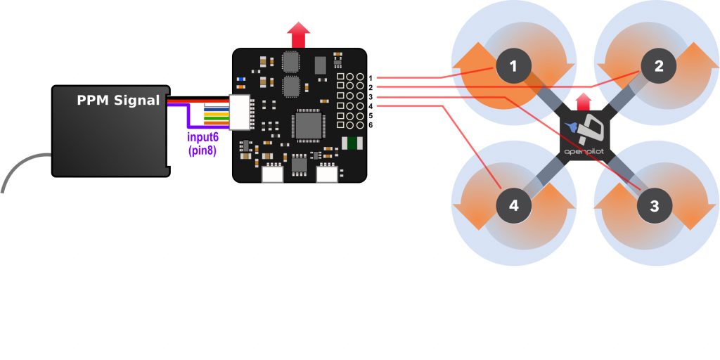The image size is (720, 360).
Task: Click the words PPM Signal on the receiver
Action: (x=118, y=101)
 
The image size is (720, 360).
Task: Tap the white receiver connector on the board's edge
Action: (x=242, y=113)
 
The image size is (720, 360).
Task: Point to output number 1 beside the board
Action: (x=371, y=77)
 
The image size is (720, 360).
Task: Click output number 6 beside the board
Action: (x=371, y=124)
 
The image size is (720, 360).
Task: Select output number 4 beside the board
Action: (x=371, y=105)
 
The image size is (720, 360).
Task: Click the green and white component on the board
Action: (x=351, y=143)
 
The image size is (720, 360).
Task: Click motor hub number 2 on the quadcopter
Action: (x=658, y=67)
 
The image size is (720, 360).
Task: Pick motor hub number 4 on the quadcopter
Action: (x=514, y=206)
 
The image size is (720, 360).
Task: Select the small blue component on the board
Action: (x=243, y=78)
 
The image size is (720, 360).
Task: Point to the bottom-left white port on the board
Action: (x=272, y=174)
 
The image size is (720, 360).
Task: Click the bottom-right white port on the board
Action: (x=327, y=174)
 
